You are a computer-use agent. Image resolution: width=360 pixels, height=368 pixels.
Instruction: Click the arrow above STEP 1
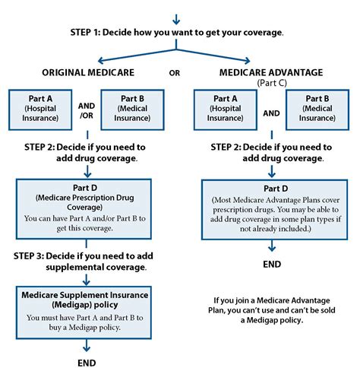pos(176,19)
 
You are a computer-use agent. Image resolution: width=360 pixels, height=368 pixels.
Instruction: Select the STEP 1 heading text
pos(177,33)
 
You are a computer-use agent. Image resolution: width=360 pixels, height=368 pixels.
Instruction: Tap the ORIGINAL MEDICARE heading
pos(88,73)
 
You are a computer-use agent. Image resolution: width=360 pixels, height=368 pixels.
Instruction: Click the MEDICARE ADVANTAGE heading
pos(271,73)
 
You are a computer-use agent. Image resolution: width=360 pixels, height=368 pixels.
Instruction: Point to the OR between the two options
pos(175,73)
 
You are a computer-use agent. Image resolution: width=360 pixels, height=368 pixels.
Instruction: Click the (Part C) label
pos(272,83)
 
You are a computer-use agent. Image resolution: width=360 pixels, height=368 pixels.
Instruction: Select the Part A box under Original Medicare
pos(40,109)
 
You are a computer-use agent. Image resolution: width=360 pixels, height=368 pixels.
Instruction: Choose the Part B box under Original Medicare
pos(132,109)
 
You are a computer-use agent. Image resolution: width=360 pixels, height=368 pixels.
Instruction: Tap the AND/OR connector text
pos(87,110)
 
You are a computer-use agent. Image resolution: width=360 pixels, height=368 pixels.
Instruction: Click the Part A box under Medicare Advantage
pos(226,109)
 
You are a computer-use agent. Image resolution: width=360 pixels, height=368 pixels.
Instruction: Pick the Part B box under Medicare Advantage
pos(317,109)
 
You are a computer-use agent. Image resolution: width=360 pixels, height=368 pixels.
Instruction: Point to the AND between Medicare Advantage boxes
pos(271,113)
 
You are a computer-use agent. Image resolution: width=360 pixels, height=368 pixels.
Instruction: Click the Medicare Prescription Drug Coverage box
pos(84,209)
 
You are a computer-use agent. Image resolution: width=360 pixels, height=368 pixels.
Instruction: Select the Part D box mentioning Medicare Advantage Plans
pos(275,210)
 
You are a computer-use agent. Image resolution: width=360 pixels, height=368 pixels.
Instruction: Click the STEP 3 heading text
pos(84,262)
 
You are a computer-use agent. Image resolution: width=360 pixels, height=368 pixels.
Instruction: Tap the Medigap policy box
pos(84,312)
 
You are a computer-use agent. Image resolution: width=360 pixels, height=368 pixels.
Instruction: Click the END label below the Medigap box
pos(87,363)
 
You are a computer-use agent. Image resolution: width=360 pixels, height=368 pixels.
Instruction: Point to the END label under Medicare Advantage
pos(272,265)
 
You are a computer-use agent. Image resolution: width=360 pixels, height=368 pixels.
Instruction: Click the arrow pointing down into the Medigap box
pos(87,280)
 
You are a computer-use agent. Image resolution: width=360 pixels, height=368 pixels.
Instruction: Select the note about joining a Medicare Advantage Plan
pos(272,310)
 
